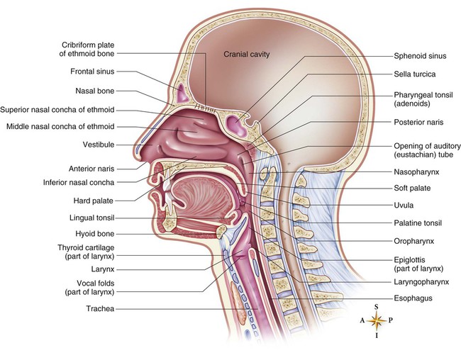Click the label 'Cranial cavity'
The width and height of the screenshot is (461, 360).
click(246, 54)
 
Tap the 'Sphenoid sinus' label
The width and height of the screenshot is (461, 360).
click(420, 56)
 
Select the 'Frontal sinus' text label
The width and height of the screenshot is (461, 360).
click(92, 72)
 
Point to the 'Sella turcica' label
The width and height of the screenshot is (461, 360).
click(415, 74)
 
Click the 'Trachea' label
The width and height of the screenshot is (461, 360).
click(100, 308)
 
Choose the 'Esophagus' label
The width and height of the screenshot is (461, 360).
click(413, 298)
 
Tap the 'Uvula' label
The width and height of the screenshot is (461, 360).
click(404, 205)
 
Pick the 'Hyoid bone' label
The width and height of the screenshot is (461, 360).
click(94, 234)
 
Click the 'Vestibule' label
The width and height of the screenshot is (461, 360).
click(99, 145)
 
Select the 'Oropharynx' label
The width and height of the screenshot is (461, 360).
click(414, 241)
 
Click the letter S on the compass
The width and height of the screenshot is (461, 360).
click(377, 307)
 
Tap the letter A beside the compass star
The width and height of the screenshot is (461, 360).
click(362, 320)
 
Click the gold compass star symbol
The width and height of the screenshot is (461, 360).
click(377, 320)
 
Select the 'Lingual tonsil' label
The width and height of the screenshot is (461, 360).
click(92, 218)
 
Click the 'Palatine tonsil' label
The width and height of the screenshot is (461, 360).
click(418, 223)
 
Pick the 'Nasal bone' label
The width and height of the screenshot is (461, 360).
click(94, 91)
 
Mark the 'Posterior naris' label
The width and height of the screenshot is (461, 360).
click(418, 122)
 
